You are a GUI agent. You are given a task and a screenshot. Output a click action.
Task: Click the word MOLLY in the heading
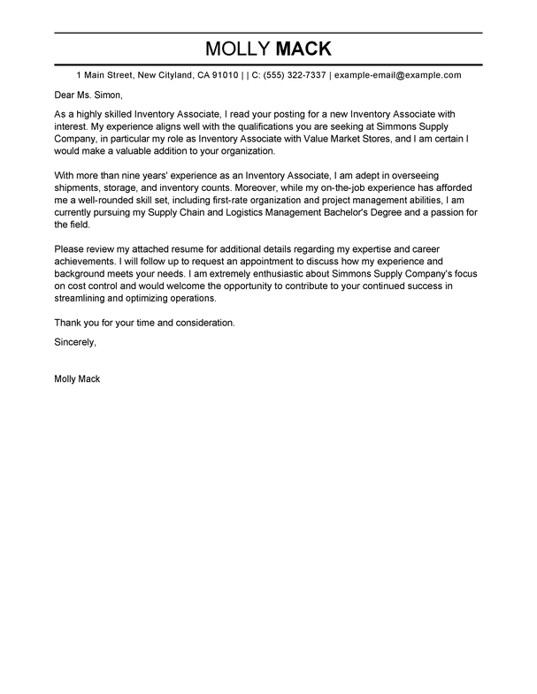click(234, 48)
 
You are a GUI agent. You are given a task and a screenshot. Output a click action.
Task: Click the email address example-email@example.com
click(397, 76)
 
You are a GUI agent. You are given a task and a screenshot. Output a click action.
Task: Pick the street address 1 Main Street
click(107, 76)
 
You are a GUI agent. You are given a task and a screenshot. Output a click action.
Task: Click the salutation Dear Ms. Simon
click(88, 95)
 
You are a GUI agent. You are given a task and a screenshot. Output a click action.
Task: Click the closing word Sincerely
click(75, 342)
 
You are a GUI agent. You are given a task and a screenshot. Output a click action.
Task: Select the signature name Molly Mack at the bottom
click(78, 379)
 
